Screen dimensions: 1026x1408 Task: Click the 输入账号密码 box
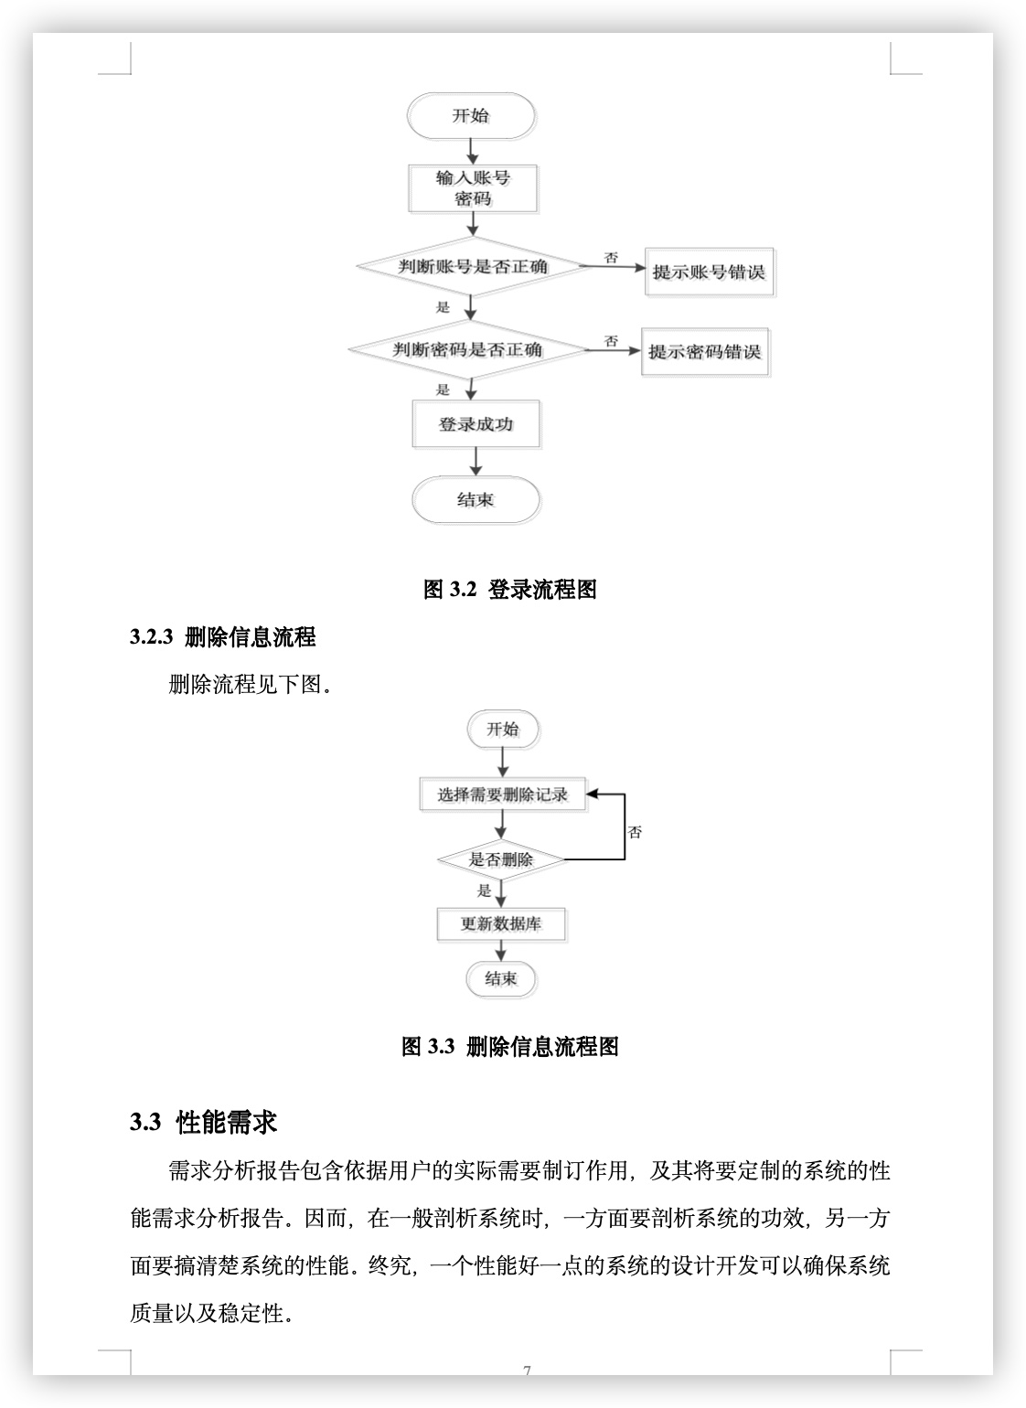click(473, 188)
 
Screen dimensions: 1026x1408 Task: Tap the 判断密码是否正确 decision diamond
click(468, 349)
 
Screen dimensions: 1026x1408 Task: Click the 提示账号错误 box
click(710, 272)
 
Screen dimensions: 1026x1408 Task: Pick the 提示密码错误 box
click(705, 352)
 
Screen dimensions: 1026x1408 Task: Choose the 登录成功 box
click(476, 424)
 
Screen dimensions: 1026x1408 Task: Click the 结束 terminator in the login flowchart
click(476, 500)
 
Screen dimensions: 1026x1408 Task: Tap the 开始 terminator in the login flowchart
click(471, 115)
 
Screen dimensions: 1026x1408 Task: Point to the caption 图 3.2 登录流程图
click(510, 589)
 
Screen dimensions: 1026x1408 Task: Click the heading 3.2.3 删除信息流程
click(222, 636)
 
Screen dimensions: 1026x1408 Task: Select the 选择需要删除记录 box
click(503, 795)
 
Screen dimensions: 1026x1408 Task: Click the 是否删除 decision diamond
click(501, 859)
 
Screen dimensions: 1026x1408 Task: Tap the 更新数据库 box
click(501, 924)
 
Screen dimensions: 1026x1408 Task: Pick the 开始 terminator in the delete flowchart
click(503, 730)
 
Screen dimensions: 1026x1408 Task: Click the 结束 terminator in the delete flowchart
click(501, 978)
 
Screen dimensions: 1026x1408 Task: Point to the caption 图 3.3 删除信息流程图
click(510, 1047)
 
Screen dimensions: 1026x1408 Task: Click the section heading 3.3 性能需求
click(203, 1121)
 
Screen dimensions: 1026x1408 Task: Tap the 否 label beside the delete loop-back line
click(635, 832)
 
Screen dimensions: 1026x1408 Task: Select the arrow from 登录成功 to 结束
click(476, 462)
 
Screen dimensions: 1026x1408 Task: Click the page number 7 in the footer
click(527, 1371)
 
